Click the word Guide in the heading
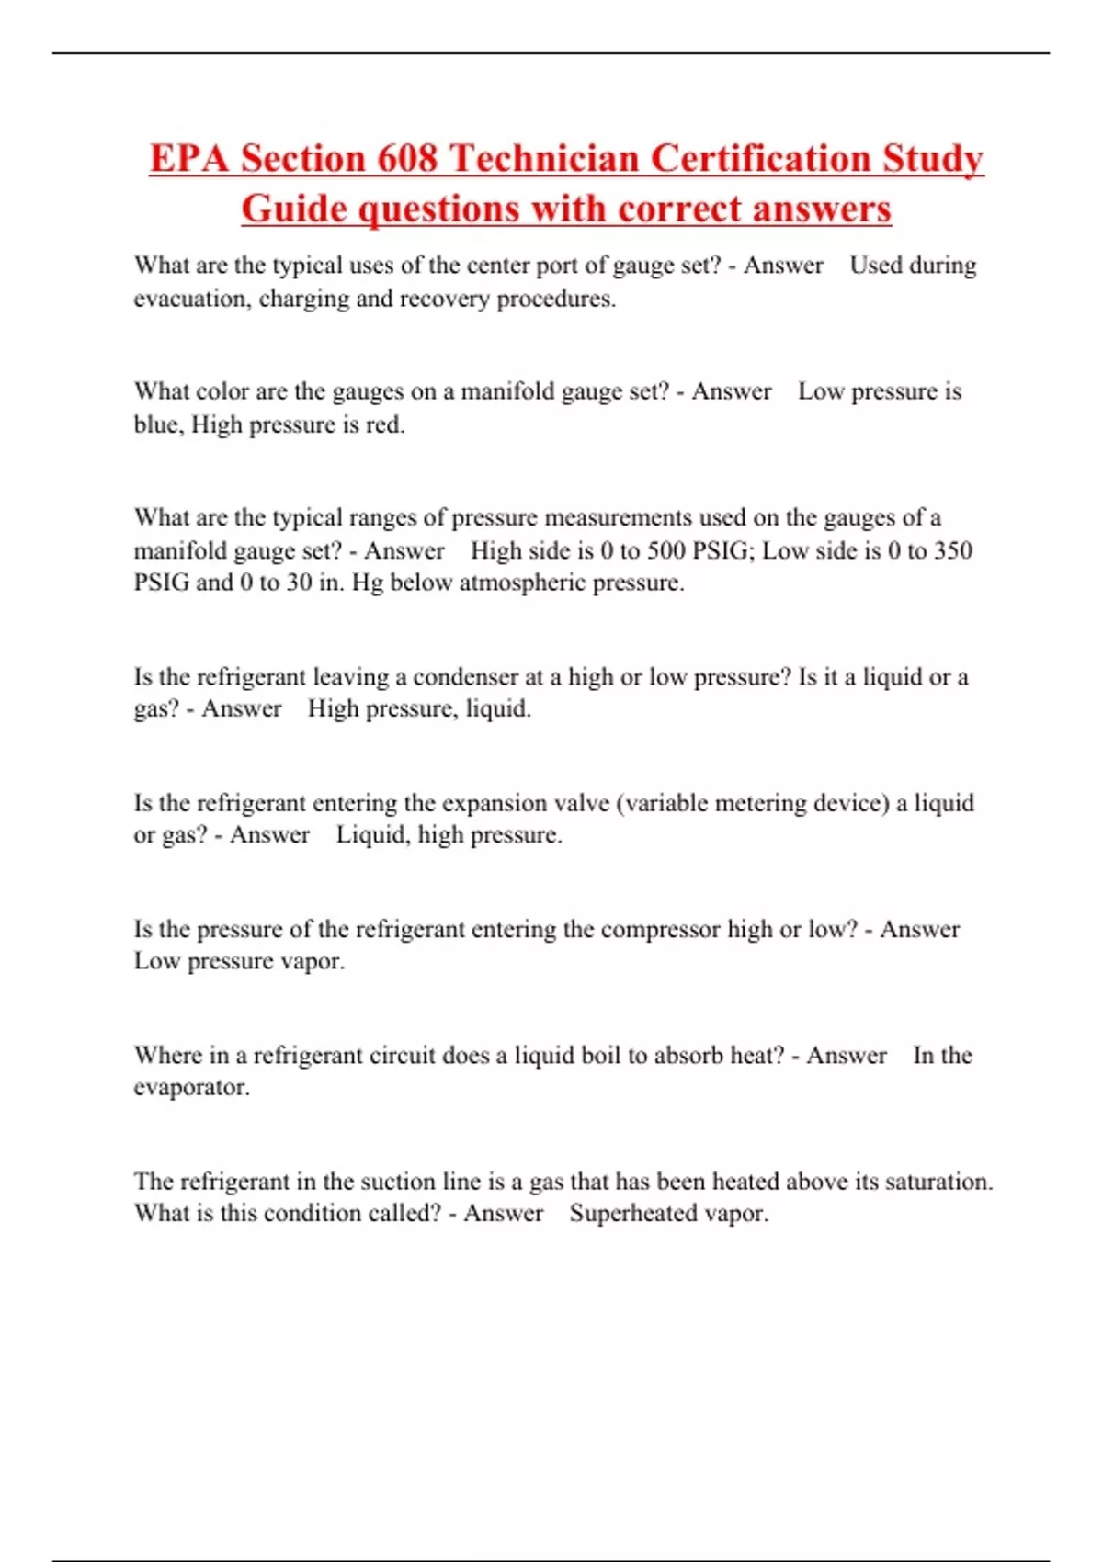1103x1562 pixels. pyautogui.click(x=294, y=209)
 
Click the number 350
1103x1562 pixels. pyautogui.click(x=952, y=550)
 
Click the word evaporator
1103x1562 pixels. pyautogui.click(x=190, y=1088)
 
